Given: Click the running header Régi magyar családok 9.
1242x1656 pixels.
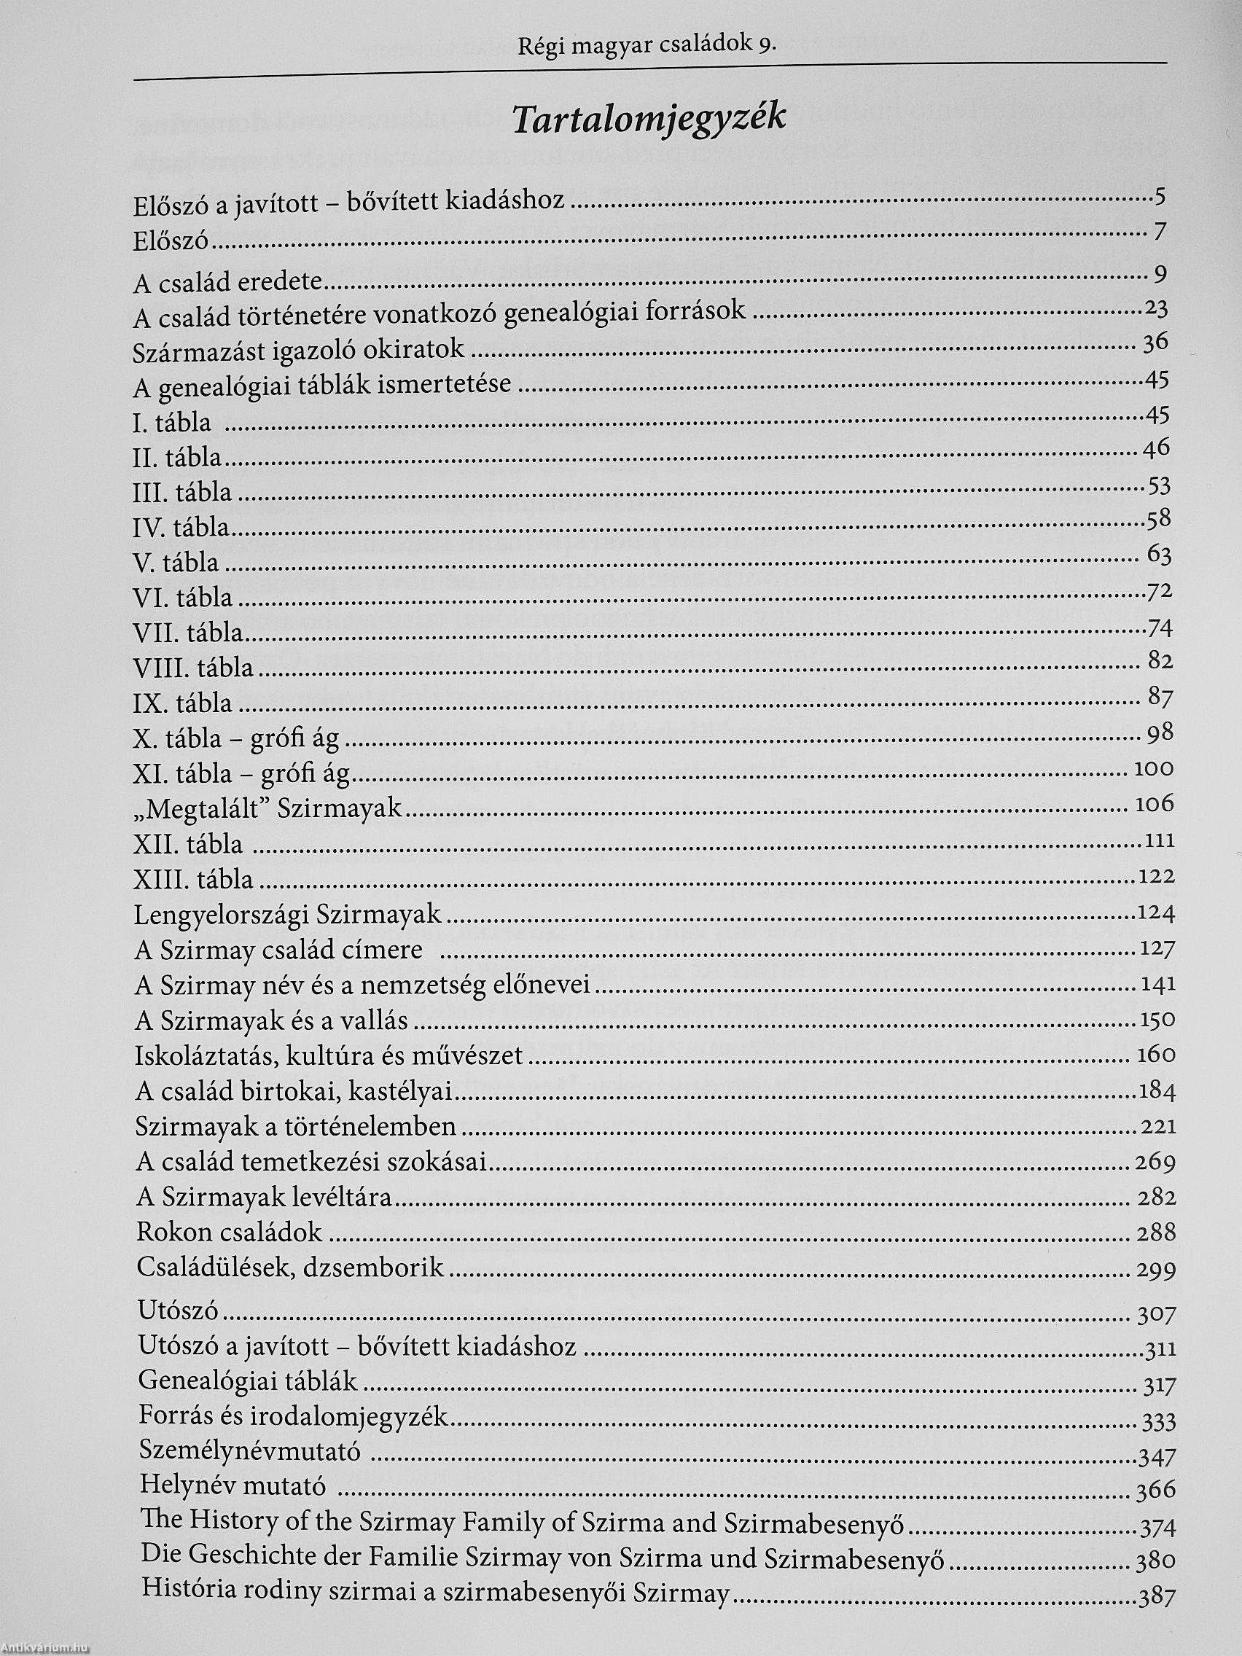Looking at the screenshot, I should pos(646,46).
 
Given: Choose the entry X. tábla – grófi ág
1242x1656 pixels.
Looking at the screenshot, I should pos(236,739).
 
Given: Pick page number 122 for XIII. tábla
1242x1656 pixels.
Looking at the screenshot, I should pos(1156,876).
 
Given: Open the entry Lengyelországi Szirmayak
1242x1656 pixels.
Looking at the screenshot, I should pos(288,914).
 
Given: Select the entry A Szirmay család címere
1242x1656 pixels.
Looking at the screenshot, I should pos(278,950).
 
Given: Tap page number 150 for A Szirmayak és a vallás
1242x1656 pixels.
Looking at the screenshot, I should pos(1157,1020).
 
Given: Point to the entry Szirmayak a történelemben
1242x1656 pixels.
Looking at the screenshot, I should pos(296,1126).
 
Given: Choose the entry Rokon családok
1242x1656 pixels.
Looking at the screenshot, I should pos(229,1232).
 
